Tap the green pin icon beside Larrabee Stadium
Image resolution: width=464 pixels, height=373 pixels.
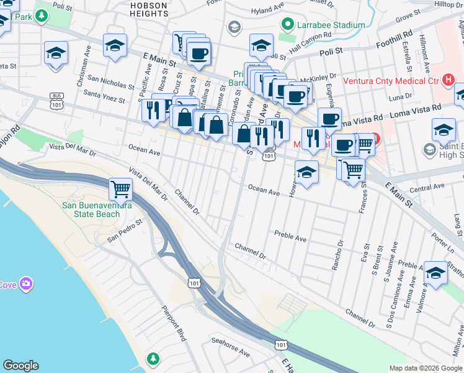pos(288,25)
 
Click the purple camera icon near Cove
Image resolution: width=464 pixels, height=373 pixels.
pos(26,284)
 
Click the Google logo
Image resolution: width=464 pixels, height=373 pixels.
pos(20,366)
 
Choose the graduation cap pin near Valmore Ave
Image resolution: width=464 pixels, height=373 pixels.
pos(435,273)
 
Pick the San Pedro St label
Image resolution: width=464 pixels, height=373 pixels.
pos(125,229)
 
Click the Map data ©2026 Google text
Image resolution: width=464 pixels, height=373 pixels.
pos(426,368)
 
